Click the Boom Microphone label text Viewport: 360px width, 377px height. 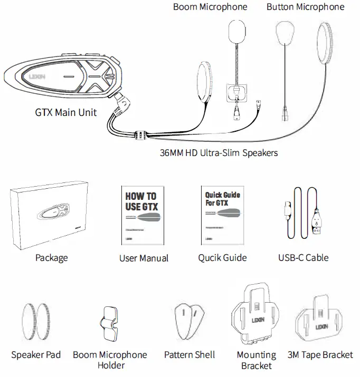tap(210, 7)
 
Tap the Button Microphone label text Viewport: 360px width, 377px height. tap(305, 7)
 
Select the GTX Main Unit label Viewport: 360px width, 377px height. tap(65, 112)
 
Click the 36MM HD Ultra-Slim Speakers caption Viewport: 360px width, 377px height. tap(218, 153)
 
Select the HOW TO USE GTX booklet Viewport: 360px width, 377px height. tap(141, 216)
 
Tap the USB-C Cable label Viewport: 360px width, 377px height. tap(303, 257)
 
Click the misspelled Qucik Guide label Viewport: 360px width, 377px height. tap(222, 257)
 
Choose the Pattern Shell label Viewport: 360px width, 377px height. tap(189, 355)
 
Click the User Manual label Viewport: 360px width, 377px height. tap(144, 258)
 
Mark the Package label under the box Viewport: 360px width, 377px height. tap(51, 257)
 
